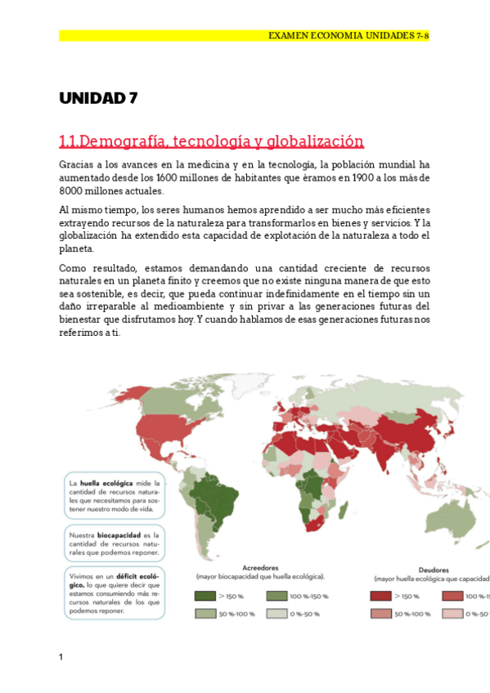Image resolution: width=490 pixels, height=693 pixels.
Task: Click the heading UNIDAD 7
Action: coord(98,99)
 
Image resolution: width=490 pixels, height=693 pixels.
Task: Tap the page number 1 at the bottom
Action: coord(61,657)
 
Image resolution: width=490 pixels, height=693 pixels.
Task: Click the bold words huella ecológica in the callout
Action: coord(106,483)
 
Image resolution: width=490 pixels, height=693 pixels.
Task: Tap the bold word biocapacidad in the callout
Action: coord(119,536)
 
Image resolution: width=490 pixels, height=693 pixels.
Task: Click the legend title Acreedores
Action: coord(261,566)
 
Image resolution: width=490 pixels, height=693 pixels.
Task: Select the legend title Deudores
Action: coord(433,569)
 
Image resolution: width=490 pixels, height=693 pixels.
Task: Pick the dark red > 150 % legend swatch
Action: coord(380,597)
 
